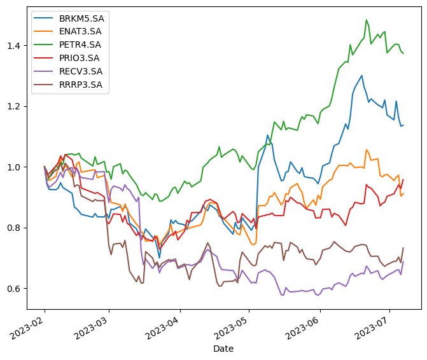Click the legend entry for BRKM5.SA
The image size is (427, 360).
tap(81, 18)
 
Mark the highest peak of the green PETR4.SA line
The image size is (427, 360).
tap(367, 20)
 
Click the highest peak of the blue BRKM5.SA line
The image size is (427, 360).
tap(361, 76)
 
